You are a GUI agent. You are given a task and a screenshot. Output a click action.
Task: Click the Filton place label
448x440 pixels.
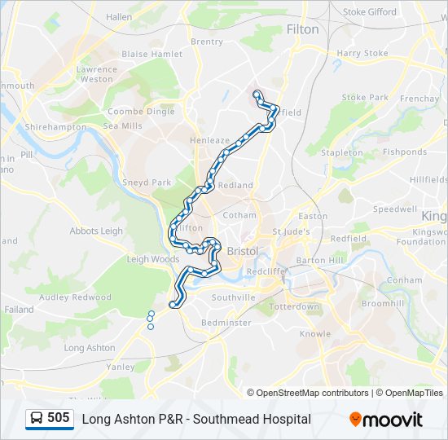(x=303, y=29)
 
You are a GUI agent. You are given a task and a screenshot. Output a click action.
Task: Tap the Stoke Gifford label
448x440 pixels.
(x=370, y=12)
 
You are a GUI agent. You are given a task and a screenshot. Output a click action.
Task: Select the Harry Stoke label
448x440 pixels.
(x=362, y=54)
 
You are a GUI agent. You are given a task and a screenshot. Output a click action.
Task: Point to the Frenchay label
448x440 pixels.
(x=419, y=99)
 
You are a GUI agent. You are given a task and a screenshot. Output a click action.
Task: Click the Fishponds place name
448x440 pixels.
(x=405, y=152)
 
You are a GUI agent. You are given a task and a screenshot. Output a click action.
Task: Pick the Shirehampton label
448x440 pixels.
(x=55, y=127)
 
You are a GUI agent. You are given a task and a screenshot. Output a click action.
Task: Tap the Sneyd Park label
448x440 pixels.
(x=147, y=183)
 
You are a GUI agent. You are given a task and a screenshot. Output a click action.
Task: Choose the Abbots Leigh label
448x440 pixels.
(x=96, y=231)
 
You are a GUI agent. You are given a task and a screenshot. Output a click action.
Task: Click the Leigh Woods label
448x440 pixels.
(x=152, y=260)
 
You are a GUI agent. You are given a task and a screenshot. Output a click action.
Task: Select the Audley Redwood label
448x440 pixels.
(x=75, y=297)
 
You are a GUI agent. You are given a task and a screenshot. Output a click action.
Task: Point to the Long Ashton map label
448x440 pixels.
(x=90, y=348)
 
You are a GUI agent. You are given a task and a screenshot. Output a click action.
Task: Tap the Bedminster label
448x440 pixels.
(x=226, y=323)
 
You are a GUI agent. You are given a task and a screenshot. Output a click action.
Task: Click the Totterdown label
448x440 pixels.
(x=294, y=307)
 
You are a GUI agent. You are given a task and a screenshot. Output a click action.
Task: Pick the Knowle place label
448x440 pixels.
(x=314, y=334)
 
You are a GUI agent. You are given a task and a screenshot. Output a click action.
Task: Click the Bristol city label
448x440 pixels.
(x=242, y=251)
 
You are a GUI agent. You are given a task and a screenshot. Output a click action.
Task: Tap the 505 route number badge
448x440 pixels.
(x=59, y=419)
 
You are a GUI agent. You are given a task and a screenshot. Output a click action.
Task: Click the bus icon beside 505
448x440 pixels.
(x=37, y=419)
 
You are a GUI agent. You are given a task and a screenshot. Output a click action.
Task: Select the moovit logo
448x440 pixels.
(x=386, y=420)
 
